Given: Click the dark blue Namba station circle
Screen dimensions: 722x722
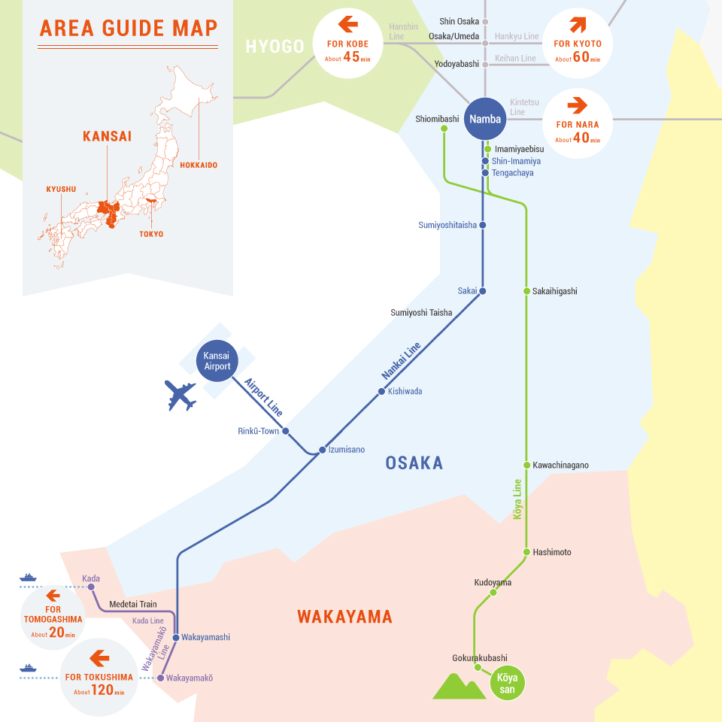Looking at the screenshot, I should coord(485,119).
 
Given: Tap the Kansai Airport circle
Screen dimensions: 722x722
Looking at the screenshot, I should coord(217,361).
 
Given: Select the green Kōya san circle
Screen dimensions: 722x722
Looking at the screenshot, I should coord(508,684).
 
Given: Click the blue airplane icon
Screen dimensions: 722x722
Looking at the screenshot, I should coord(180,396).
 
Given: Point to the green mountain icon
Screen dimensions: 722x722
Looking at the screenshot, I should coord(459,686).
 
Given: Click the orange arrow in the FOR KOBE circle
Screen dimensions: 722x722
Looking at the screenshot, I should coord(348,25).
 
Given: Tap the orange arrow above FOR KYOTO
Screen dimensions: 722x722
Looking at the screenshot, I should coord(578,25).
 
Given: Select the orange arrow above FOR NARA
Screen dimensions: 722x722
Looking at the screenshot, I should coord(578,105).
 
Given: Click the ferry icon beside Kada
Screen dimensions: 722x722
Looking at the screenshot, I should coord(29,578).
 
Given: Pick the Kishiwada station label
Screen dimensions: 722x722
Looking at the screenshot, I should coord(405,391).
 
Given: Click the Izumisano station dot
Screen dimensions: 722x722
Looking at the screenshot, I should coord(322,450).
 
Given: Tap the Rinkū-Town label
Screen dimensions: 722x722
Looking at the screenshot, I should coord(258,431).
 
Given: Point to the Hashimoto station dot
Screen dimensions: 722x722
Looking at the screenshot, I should coord(526,552).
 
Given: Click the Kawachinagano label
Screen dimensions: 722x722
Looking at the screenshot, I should coord(560,465).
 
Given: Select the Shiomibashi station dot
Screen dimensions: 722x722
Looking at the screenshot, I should coord(444,129).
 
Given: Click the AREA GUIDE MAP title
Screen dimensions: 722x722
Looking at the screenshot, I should coord(129,29).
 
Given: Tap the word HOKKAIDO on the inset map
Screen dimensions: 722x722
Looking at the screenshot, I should coord(199,165).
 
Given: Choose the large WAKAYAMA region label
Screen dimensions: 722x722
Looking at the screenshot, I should coord(344,617).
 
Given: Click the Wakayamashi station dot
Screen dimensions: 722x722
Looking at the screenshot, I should coord(175,637).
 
